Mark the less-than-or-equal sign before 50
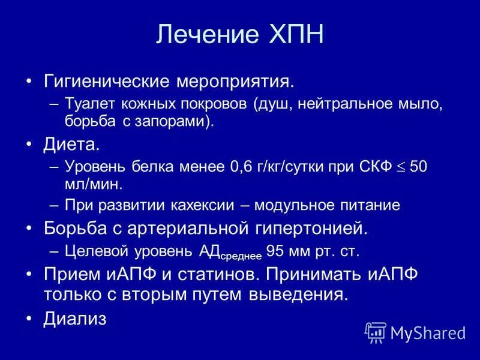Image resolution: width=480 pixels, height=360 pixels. [x=401, y=168]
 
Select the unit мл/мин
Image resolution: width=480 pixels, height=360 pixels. [x=92, y=184]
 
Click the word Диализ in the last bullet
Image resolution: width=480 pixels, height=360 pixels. [x=75, y=319]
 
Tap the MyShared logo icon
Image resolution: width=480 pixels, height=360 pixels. [x=376, y=332]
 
